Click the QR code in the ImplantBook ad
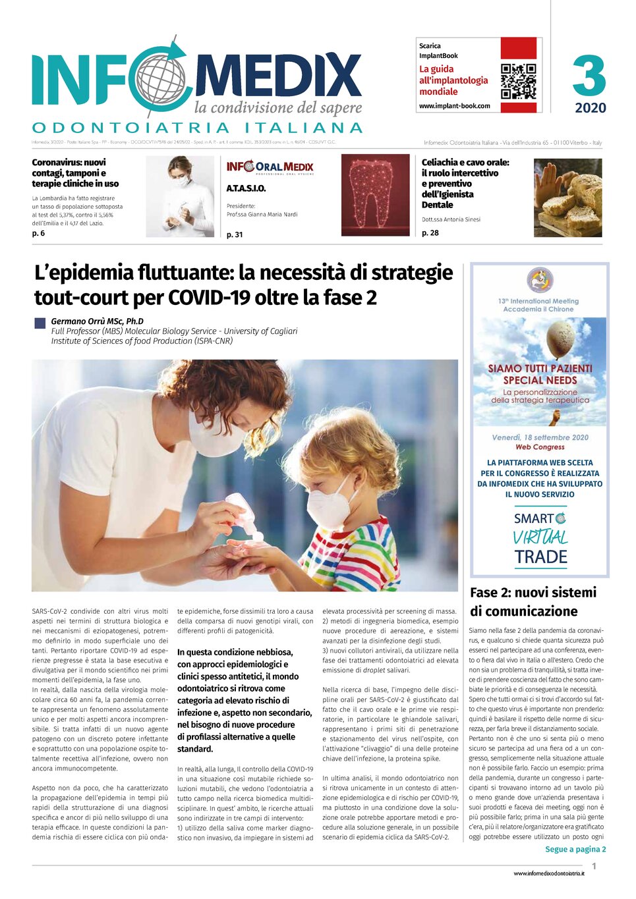[518, 81]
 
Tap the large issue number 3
[589, 76]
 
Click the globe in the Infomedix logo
[157, 81]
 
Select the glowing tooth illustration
[375, 195]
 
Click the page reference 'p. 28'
[430, 232]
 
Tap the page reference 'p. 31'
[235, 234]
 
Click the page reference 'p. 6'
[38, 233]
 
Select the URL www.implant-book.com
[454, 106]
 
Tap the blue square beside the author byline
[40, 323]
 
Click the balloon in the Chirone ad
[561, 337]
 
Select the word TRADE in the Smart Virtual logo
[540, 557]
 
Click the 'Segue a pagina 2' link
[575, 850]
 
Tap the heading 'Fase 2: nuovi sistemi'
[533, 592]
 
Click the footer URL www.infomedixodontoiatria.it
[548, 873]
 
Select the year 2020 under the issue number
[590, 108]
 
